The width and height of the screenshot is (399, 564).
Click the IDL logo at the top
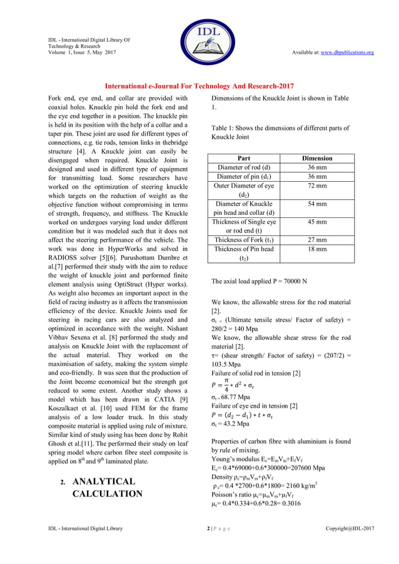[199, 37]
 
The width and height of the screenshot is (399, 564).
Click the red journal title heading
[199, 86]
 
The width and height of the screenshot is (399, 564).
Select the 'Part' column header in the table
[244, 159]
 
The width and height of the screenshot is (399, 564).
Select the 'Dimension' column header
[317, 159]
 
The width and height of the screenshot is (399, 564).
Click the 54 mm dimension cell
[317, 204]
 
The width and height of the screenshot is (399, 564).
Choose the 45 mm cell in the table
[317, 222]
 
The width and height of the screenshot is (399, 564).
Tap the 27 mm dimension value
[317, 240]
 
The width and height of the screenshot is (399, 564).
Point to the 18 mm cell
[317, 249]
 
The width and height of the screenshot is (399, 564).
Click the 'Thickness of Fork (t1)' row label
[244, 240]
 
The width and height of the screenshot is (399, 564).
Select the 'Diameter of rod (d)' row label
[244, 168]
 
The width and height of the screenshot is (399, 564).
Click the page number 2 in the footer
[208, 528]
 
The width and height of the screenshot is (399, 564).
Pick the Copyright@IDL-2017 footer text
[350, 528]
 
